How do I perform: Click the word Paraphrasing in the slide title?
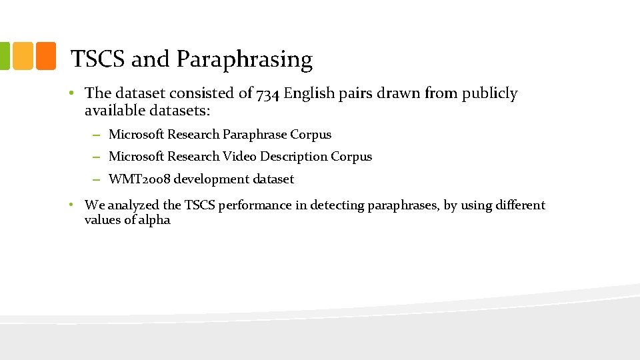(244, 60)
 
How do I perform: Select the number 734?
(268, 94)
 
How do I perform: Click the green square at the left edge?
(5, 57)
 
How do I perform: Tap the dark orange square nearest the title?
(46, 57)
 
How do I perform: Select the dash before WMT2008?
(97, 179)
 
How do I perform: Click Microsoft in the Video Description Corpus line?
(137, 157)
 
